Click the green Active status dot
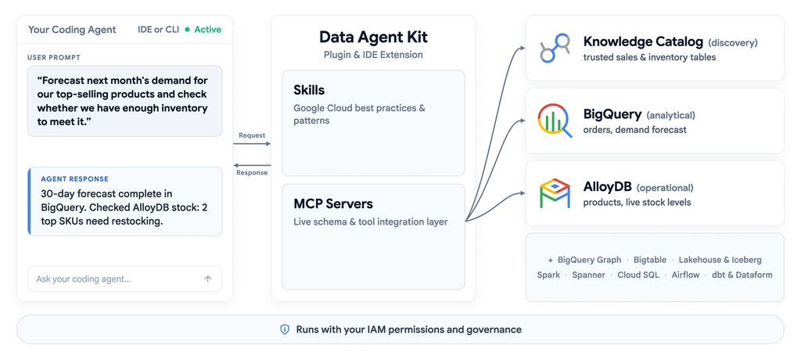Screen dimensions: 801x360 point(188,30)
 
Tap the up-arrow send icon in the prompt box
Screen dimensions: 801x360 point(208,279)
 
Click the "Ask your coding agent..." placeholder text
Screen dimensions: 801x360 point(84,279)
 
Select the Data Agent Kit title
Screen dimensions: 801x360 point(373,37)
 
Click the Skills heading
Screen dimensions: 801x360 point(309,90)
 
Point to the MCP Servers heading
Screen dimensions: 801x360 point(333,203)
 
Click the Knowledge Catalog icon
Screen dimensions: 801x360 point(555,48)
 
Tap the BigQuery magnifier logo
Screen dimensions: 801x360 point(555,121)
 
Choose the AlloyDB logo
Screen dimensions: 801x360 point(555,193)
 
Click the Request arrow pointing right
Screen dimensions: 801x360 point(252,144)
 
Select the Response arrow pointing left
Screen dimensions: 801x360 point(252,164)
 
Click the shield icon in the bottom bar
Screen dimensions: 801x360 point(285,329)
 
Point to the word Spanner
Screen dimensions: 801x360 point(588,275)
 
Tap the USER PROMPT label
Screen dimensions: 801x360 point(54,57)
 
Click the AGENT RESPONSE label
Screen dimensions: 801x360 point(74,179)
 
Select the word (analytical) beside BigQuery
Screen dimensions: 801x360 point(670,115)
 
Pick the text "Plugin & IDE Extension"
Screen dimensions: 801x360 point(373,55)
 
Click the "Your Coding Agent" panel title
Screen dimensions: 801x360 point(72,30)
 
